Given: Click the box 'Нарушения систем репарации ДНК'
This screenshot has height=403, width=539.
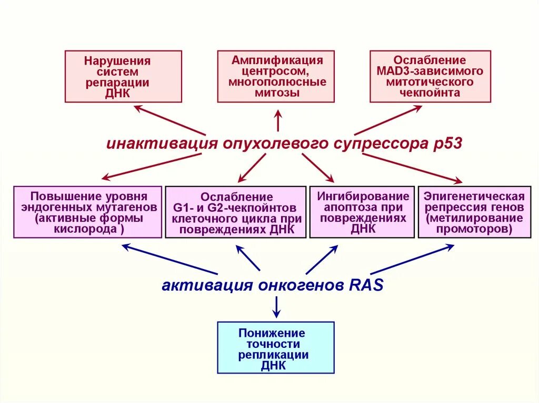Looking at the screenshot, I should (x=123, y=76).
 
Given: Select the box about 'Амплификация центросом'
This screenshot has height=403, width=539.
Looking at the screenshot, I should (x=276, y=76).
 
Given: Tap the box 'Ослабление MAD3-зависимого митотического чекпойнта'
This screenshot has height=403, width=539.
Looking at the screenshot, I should (x=430, y=76).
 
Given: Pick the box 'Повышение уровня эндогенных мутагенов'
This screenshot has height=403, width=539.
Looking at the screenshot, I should (x=87, y=212).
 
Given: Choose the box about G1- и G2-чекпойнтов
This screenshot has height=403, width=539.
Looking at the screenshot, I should (x=235, y=212).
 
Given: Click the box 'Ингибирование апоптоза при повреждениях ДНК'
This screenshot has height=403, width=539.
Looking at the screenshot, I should (x=363, y=212).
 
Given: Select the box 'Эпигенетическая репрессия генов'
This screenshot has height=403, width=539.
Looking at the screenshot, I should (x=474, y=212).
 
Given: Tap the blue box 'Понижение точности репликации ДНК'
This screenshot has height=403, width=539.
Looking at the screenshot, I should (x=276, y=347).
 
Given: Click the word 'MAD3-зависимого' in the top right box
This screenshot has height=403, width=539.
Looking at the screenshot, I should (x=430, y=71).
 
